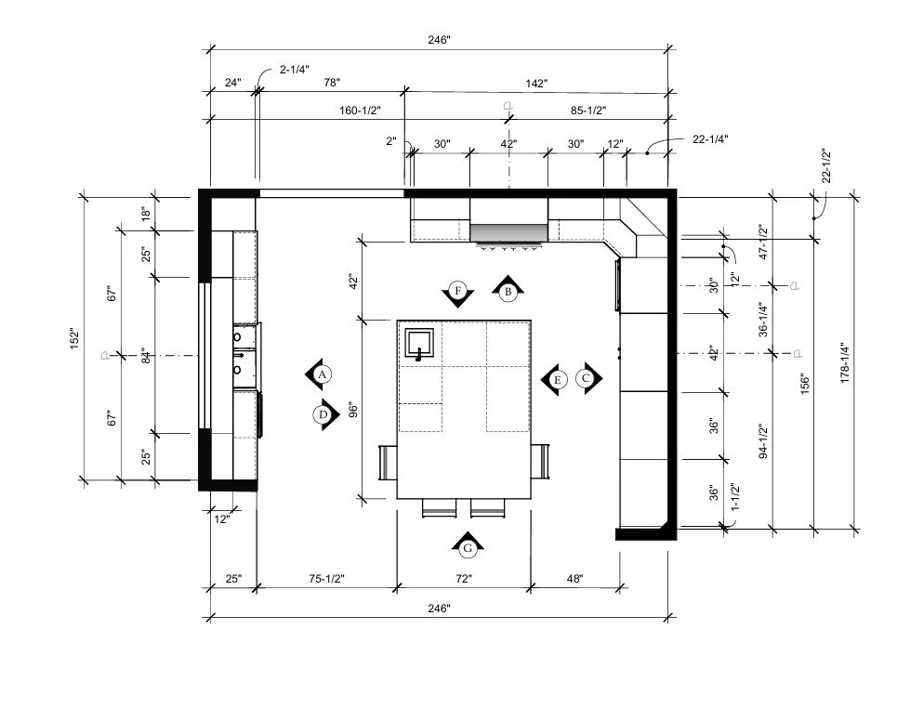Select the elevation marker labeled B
(508, 291)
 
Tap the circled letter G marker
(468, 546)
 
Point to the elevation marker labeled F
(458, 292)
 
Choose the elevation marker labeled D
(325, 414)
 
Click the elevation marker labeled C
(587, 378)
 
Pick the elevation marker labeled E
(556, 379)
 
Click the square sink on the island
(419, 344)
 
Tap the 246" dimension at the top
(440, 40)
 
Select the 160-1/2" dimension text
(360, 111)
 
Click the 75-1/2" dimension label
(327, 579)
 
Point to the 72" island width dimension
(464, 579)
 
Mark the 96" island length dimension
(353, 410)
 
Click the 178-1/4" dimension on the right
(844, 363)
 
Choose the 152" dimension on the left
(74, 338)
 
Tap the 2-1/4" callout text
(295, 70)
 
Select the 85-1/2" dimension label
(588, 111)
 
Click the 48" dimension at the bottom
(574, 579)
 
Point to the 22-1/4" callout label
(710, 139)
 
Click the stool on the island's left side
(388, 463)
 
